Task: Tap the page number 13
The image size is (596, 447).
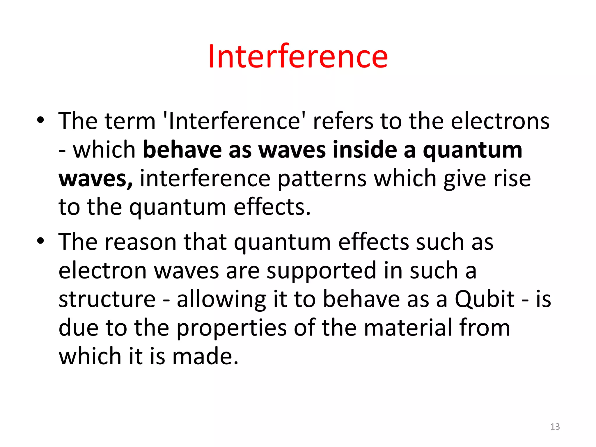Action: tap(555, 427)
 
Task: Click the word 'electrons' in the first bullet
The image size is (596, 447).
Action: tap(500, 121)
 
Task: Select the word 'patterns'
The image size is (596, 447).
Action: tap(322, 179)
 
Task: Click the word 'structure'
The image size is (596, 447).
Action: tap(107, 299)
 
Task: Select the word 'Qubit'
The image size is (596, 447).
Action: tap(485, 299)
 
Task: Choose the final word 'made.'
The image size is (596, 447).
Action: tap(205, 356)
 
